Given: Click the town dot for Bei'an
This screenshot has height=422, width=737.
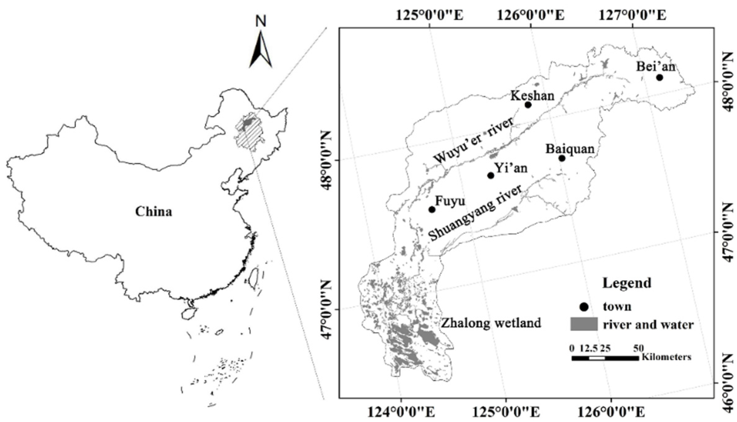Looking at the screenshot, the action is (x=659, y=77).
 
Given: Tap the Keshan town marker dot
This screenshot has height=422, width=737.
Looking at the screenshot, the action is (x=528, y=105).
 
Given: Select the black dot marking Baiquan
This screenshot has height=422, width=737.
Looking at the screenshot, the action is (x=562, y=159).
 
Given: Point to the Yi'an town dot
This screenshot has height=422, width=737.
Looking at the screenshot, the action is (x=491, y=176).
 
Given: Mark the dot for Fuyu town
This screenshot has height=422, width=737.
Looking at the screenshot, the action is (x=432, y=210).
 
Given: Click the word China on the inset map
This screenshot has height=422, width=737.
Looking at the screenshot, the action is (x=154, y=212).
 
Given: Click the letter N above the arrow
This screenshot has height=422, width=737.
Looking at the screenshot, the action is (x=261, y=21).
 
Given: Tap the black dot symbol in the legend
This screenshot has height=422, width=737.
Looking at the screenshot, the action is (x=584, y=307).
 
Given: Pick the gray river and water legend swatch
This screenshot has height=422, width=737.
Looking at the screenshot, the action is (x=584, y=324).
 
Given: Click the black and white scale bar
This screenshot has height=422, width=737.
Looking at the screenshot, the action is (x=605, y=358).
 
